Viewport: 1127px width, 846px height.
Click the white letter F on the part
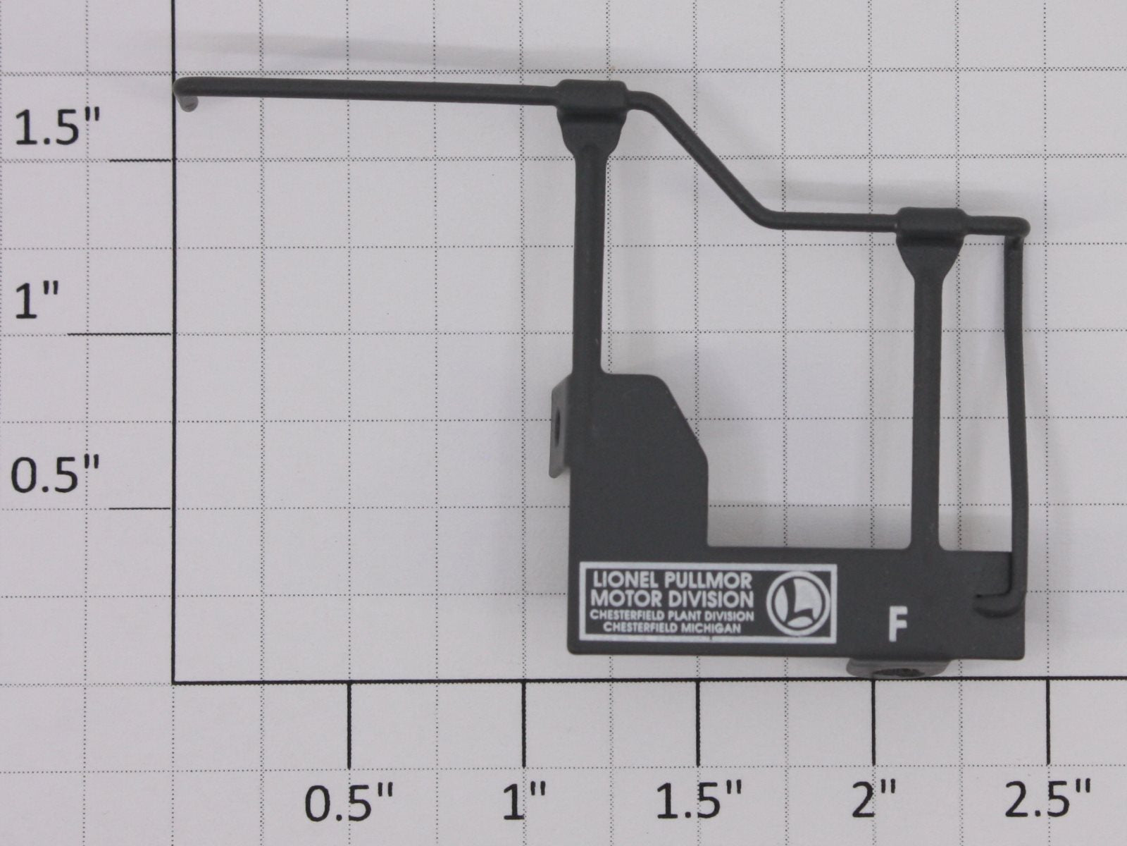coord(897,624)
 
